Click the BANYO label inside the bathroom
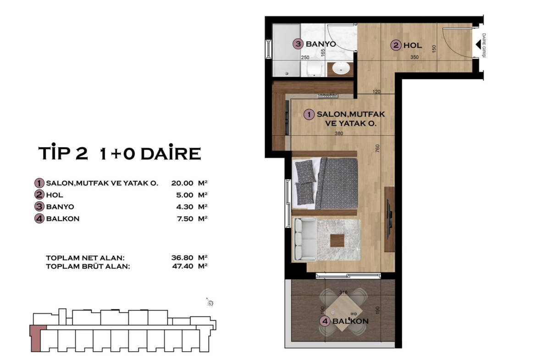[320, 44]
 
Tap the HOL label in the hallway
[413, 45]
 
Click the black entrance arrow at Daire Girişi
[478, 44]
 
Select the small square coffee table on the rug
[337, 240]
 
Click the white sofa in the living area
[304, 239]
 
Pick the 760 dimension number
[377, 148]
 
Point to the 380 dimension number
[339, 133]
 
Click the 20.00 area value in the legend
[182, 183]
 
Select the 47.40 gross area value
[182, 266]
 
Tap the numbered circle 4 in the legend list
[39, 218]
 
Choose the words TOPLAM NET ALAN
[85, 258]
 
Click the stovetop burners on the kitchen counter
[327, 95]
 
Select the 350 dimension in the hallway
[414, 57]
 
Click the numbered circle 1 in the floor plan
[309, 114]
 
